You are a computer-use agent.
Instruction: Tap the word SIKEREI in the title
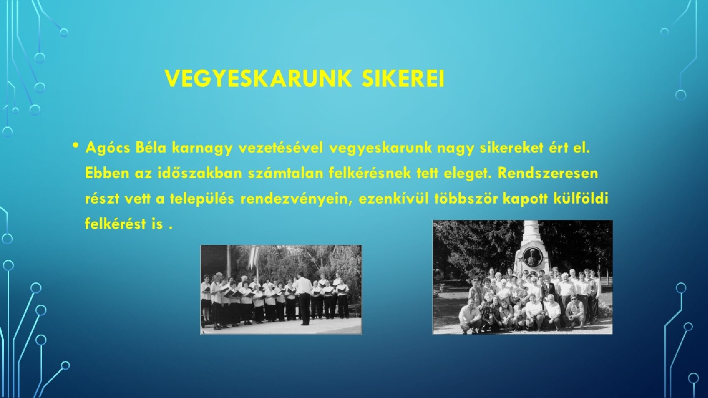coord(403,79)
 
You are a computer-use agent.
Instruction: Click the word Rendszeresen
coord(547,173)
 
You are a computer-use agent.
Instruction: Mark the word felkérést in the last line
coord(115,224)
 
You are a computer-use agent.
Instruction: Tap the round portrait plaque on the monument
coord(530,257)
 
